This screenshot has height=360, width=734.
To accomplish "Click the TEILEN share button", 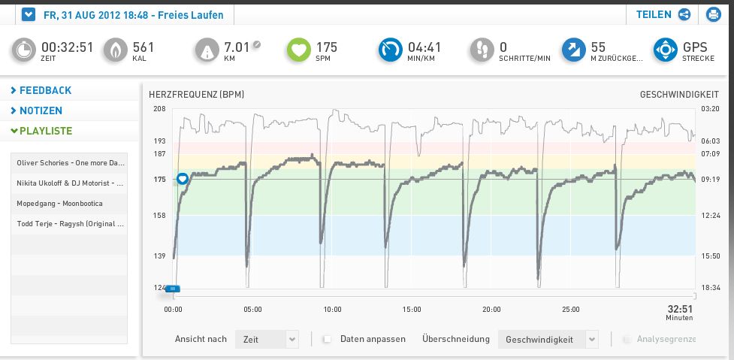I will (663, 14).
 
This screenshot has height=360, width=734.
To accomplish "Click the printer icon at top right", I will (712, 14).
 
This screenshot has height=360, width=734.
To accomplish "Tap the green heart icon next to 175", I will (298, 50).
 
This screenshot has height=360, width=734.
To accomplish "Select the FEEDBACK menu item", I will (45, 90).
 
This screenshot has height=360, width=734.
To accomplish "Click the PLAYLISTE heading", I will (45, 131).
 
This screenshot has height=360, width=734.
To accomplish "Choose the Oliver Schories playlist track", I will (69, 163).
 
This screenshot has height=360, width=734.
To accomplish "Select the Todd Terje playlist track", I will (69, 224).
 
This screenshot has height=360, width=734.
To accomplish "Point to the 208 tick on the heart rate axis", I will (159, 109).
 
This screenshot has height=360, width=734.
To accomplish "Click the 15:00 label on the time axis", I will (412, 309).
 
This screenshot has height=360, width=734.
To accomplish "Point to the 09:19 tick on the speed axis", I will (711, 180).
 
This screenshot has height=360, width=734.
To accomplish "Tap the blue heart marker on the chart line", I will (182, 178).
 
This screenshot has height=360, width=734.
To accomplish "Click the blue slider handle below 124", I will (173, 289).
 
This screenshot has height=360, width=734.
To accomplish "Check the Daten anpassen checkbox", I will (327, 340).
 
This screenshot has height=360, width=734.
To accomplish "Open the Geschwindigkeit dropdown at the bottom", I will (548, 340).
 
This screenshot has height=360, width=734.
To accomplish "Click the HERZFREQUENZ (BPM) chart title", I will (197, 95).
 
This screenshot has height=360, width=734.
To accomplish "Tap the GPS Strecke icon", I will (665, 50).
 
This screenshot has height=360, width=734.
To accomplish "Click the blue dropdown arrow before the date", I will (29, 14).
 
